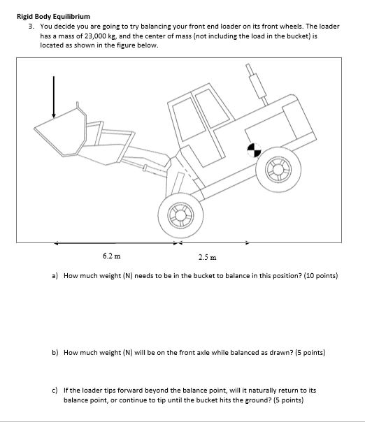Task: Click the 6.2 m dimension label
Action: coord(109,256)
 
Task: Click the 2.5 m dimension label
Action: coord(206,256)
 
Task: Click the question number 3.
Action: coord(31,26)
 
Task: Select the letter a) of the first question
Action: coord(55,276)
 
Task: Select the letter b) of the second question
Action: coord(55,353)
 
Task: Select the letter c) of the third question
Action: coord(55,391)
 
